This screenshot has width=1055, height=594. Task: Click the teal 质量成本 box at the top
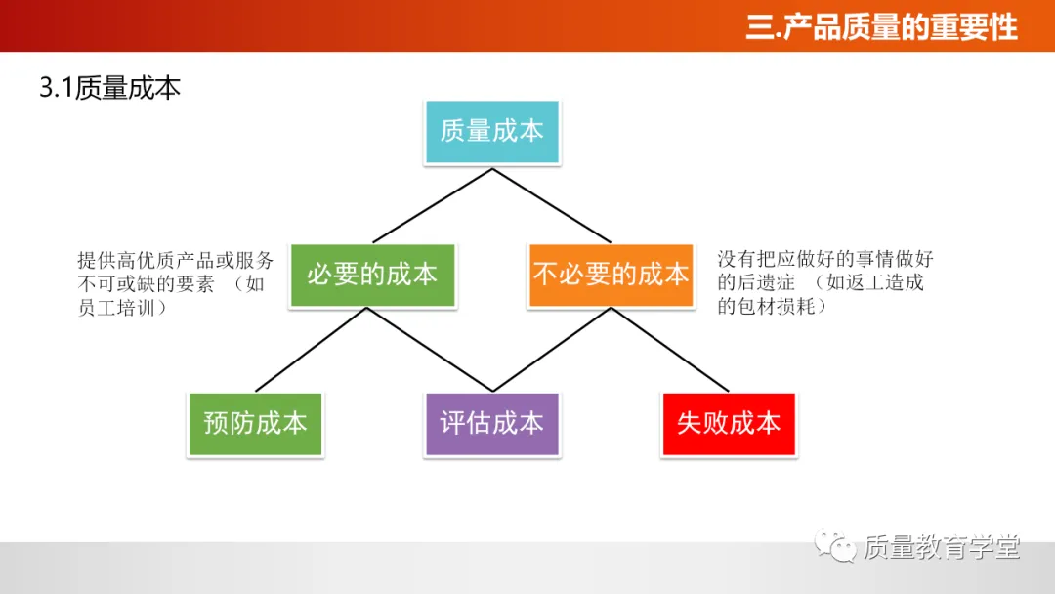click(x=491, y=131)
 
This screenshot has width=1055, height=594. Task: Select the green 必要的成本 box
click(x=372, y=275)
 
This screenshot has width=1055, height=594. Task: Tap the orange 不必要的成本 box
click(x=611, y=275)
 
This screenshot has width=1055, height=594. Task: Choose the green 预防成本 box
click(x=255, y=423)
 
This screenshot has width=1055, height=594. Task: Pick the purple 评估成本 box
click(x=491, y=423)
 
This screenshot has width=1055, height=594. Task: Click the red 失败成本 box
click(x=729, y=423)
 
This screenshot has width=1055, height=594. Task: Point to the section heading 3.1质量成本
click(x=109, y=88)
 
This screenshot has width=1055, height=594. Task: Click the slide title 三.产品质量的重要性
click(x=881, y=26)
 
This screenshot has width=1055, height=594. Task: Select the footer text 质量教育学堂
click(x=942, y=548)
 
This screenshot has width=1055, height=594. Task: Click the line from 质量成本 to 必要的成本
click(x=433, y=205)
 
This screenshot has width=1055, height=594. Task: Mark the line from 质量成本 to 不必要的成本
click(x=551, y=205)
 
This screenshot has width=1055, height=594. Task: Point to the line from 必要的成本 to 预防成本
click(x=312, y=349)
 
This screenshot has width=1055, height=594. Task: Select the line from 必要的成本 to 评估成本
click(x=430, y=349)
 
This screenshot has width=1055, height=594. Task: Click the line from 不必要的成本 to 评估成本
click(x=552, y=349)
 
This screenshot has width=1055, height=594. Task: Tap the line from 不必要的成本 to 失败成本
click(x=670, y=349)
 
